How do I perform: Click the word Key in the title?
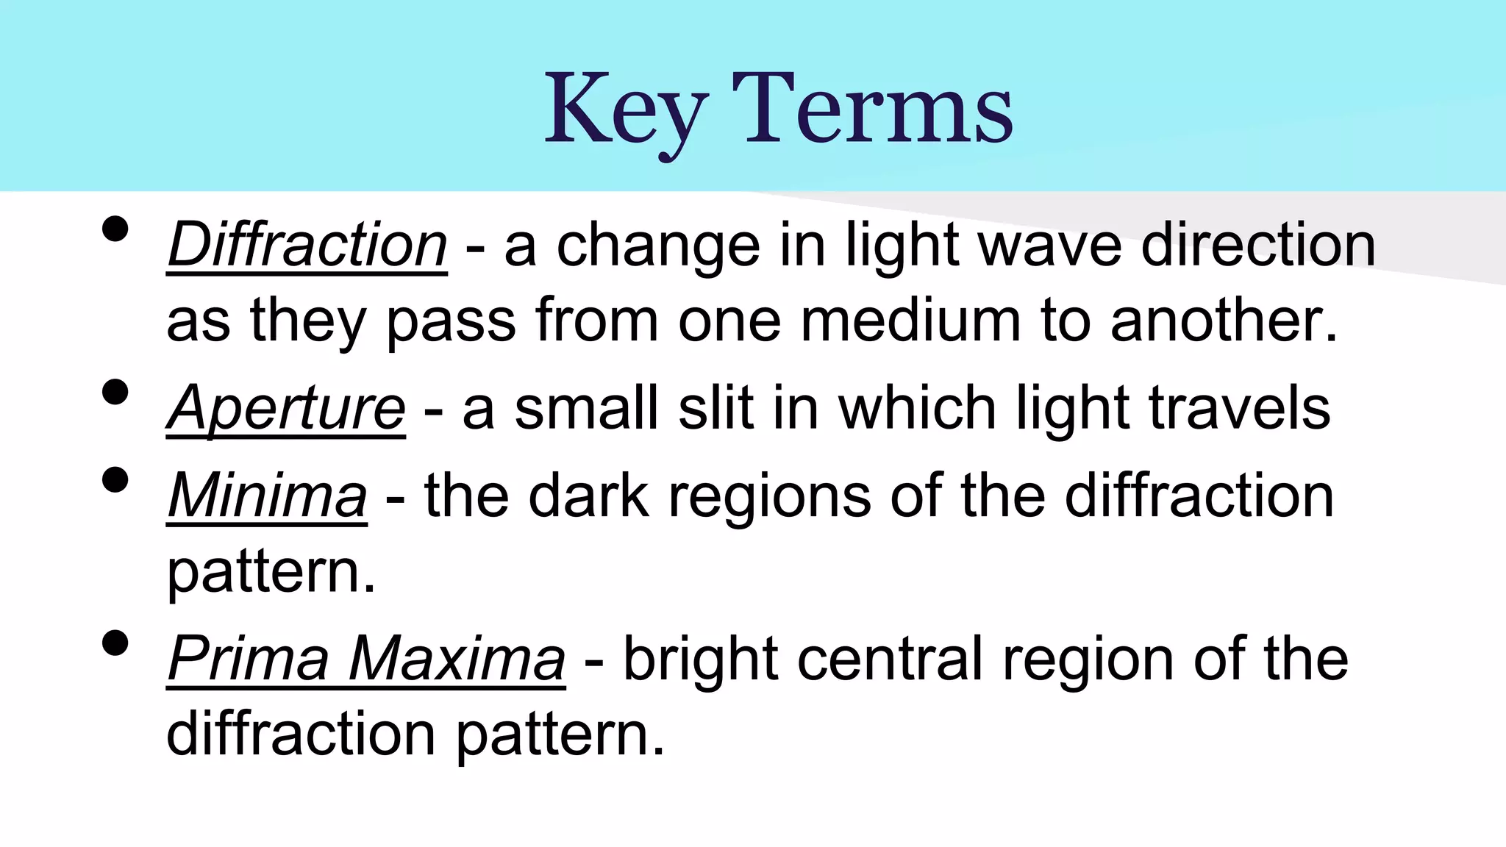click(x=626, y=110)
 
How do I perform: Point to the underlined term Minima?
click(x=267, y=496)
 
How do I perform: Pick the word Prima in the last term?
click(x=248, y=659)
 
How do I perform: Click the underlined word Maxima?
click(x=457, y=659)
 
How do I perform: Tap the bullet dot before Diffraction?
click(x=115, y=229)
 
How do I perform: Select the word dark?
click(x=588, y=496)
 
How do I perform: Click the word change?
click(x=658, y=246)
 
